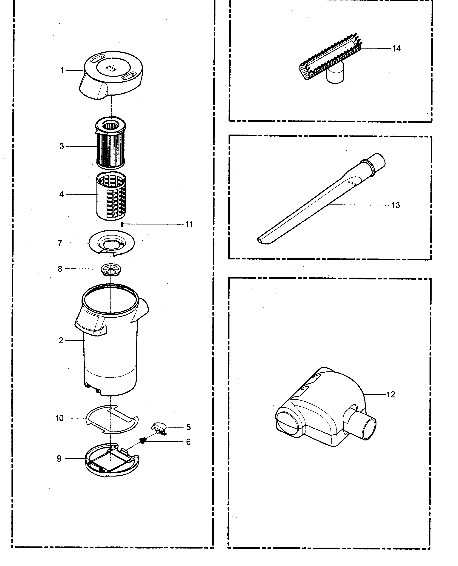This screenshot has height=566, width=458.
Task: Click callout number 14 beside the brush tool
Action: tap(396, 49)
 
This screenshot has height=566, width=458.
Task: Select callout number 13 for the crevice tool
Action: tap(395, 205)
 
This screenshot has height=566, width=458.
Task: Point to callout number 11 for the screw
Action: tap(189, 224)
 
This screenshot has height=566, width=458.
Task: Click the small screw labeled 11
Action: tap(122, 224)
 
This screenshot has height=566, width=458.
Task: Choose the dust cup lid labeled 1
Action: tap(113, 77)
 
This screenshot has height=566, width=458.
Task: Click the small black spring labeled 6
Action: tap(143, 440)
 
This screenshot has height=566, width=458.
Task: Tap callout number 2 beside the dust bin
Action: tap(61, 340)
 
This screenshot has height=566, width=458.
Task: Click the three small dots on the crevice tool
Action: tap(352, 183)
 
